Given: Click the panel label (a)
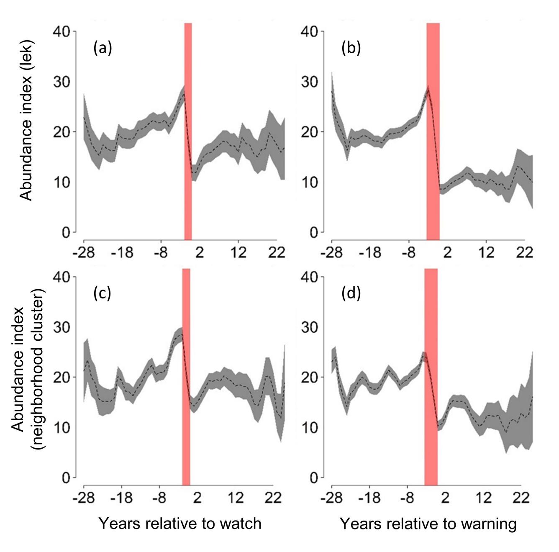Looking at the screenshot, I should coord(103,49).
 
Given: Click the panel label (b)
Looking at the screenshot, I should coord(351,49).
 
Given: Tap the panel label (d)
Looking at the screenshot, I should coord(351,293).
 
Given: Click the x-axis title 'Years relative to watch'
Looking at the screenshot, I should coord(180,524).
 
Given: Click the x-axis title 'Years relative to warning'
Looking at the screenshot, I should coord(428,524).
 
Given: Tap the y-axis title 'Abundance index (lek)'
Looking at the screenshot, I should coord(26,121).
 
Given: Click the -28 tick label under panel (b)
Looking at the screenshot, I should coord(331,253).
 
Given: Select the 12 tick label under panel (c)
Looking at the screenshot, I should coord(236,498).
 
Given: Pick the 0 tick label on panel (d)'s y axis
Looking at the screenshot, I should coord(313,478).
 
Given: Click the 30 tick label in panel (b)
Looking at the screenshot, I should coord(310,82).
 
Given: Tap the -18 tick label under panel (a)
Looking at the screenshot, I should coord(122,253).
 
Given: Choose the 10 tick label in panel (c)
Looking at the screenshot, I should coord(62,428).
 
